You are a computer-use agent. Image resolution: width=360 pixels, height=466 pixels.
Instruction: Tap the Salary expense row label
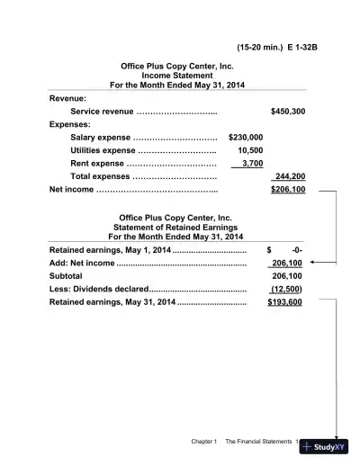pos(88,137)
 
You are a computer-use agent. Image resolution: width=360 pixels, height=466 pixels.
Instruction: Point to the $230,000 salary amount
pos(246,137)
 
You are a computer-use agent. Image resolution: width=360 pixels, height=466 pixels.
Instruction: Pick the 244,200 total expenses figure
pos(288,176)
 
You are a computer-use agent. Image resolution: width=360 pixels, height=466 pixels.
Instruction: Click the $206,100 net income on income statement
pos(287,190)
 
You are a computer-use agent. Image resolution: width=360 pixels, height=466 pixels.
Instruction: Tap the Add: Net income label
pos(81,263)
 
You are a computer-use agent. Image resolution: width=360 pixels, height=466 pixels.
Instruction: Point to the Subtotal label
pos(66,276)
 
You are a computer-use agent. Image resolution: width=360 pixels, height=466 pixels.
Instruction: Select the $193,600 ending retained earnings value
pos(284,303)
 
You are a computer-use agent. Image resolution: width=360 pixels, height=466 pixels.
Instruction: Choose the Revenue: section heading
pos(67,97)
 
